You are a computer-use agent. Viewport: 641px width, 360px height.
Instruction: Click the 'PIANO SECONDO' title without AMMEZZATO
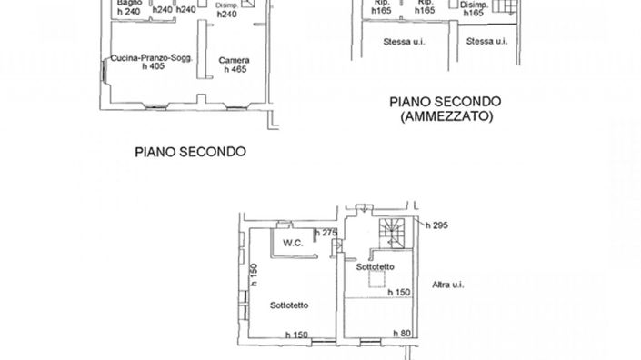[x=190, y=152]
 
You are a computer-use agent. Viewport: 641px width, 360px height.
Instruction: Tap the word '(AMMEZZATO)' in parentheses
[x=441, y=118]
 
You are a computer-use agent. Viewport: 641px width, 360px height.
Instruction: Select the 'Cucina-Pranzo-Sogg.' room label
[x=145, y=59]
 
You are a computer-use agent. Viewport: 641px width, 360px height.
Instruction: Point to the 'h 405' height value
[x=145, y=69]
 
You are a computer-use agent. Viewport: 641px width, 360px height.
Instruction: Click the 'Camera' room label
[x=233, y=60]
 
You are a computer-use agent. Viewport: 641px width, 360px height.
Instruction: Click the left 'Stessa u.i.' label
[x=404, y=41]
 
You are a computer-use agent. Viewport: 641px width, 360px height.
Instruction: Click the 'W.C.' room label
[x=292, y=243]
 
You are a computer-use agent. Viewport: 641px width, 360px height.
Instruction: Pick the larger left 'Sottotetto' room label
[x=288, y=305]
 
